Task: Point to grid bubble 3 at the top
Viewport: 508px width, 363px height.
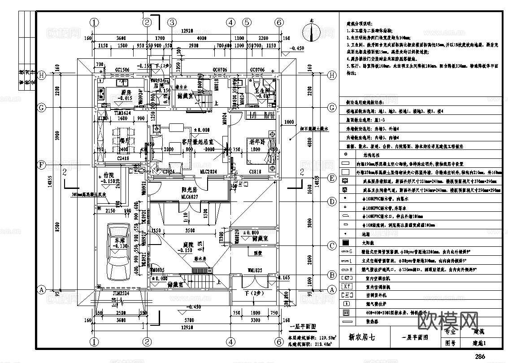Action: pos(172,22)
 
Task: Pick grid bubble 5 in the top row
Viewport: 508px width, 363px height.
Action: pos(247,22)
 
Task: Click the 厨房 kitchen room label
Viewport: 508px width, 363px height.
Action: pos(125,92)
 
